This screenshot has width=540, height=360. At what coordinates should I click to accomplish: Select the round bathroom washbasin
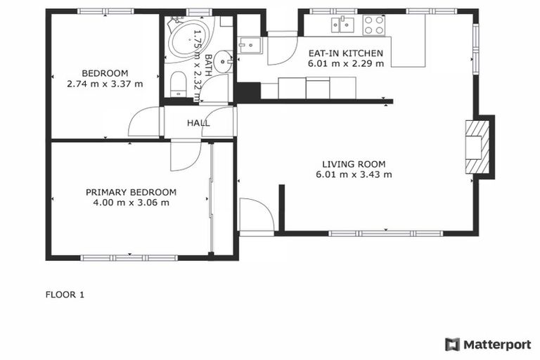pyautogui.click(x=224, y=62)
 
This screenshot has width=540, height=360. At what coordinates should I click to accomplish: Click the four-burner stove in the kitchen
pyautogui.click(x=373, y=25)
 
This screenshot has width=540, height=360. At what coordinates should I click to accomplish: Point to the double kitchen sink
pyautogui.click(x=345, y=25)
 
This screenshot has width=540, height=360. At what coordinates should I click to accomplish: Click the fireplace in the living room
pyautogui.click(x=477, y=146)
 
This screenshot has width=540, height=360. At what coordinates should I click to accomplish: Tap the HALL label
pyautogui.click(x=198, y=123)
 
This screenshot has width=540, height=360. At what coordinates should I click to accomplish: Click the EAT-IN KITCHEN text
pyautogui.click(x=345, y=53)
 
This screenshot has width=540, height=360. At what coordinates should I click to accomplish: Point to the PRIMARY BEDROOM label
pyautogui.click(x=131, y=192)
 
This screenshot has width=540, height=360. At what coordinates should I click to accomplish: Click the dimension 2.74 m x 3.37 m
pyautogui.click(x=105, y=84)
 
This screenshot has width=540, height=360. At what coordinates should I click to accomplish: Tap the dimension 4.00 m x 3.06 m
pyautogui.click(x=131, y=202)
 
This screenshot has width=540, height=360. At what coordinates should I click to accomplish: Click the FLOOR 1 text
pyautogui.click(x=65, y=295)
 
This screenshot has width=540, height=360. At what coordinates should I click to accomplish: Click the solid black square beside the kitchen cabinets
pyautogui.click(x=247, y=91)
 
